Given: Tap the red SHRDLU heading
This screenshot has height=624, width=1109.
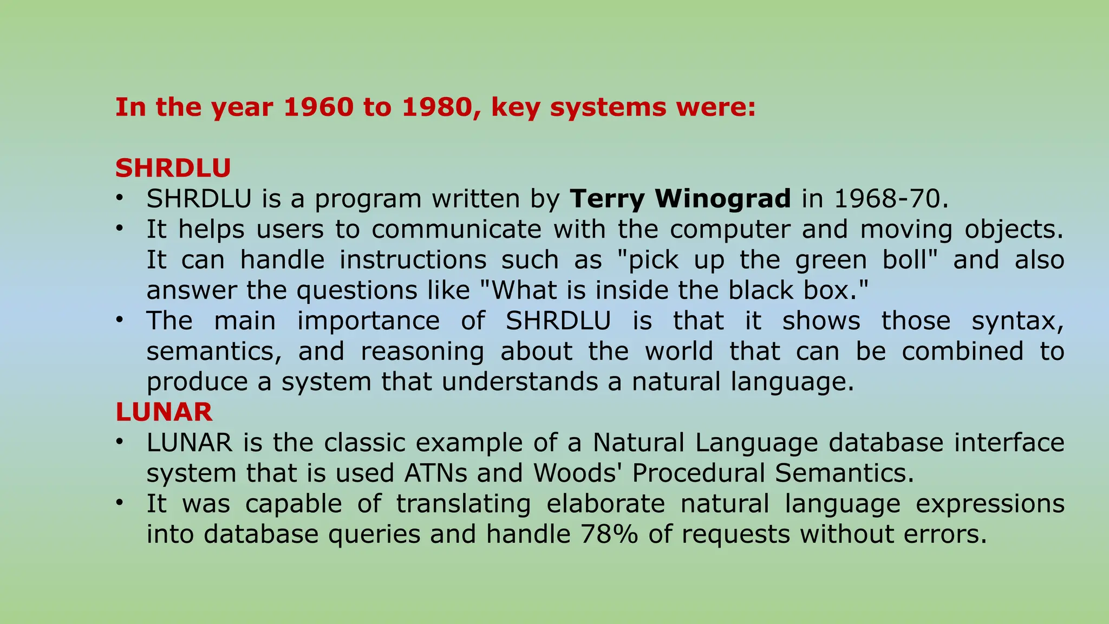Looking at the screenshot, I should click(x=173, y=168).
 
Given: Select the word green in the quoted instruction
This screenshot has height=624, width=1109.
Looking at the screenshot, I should click(x=831, y=260).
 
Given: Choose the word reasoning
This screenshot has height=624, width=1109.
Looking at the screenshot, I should click(x=422, y=352).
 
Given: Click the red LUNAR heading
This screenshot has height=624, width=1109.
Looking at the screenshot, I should click(x=164, y=412).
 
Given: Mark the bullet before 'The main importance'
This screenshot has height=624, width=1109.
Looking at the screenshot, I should click(x=119, y=320).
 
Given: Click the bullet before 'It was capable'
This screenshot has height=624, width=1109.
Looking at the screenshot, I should click(x=119, y=503).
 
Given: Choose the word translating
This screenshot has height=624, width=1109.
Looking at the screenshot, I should click(x=464, y=504).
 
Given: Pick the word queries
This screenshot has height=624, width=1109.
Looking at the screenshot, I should click(x=374, y=535).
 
